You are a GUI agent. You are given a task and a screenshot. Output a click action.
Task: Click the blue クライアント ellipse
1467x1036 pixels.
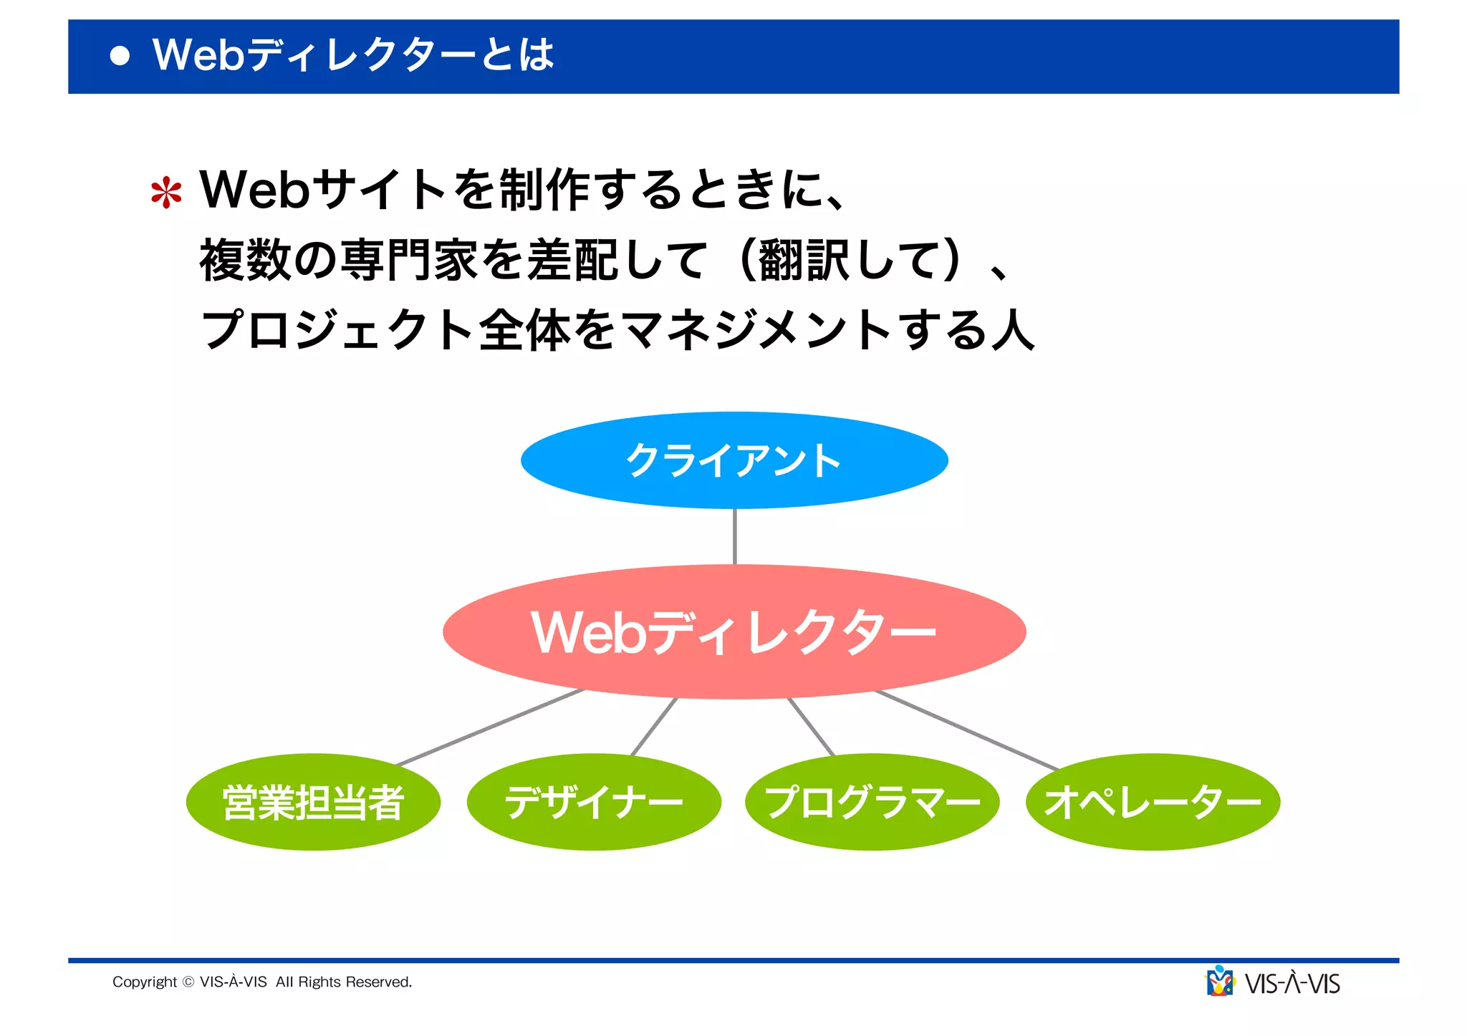coord(734,460)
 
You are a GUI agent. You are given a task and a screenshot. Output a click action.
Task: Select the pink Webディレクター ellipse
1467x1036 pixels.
coord(734,631)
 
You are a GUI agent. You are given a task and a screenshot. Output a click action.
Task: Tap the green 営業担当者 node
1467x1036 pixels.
coord(313,802)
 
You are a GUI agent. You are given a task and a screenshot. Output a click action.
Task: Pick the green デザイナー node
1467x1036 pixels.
coord(594,802)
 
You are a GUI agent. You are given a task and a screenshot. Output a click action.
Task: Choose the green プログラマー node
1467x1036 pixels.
coord(872,802)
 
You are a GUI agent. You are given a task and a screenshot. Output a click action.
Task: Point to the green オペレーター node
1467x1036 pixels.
coord(1153,802)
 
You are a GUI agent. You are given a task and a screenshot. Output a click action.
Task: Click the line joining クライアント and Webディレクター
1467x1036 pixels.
coord(735,537)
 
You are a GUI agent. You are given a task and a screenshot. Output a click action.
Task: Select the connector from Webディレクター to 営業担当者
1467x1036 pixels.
coord(491,727)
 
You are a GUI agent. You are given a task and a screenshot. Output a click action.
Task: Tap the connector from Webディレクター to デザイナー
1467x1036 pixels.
coord(654,727)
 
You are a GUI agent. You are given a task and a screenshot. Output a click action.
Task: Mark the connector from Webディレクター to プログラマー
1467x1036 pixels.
coord(811,727)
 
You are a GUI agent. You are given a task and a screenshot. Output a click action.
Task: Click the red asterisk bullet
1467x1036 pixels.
coord(166,193)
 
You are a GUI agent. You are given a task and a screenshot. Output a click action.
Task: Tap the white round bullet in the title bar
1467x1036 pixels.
coord(120,56)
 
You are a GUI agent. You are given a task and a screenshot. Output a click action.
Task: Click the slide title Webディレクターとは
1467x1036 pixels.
coord(353,55)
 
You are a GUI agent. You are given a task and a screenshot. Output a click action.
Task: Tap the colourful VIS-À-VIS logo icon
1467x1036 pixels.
coord(1220,982)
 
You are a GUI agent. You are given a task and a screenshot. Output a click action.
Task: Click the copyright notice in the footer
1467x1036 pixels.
coord(262,982)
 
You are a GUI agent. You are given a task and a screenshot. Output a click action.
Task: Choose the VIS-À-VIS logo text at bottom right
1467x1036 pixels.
coord(1292,984)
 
